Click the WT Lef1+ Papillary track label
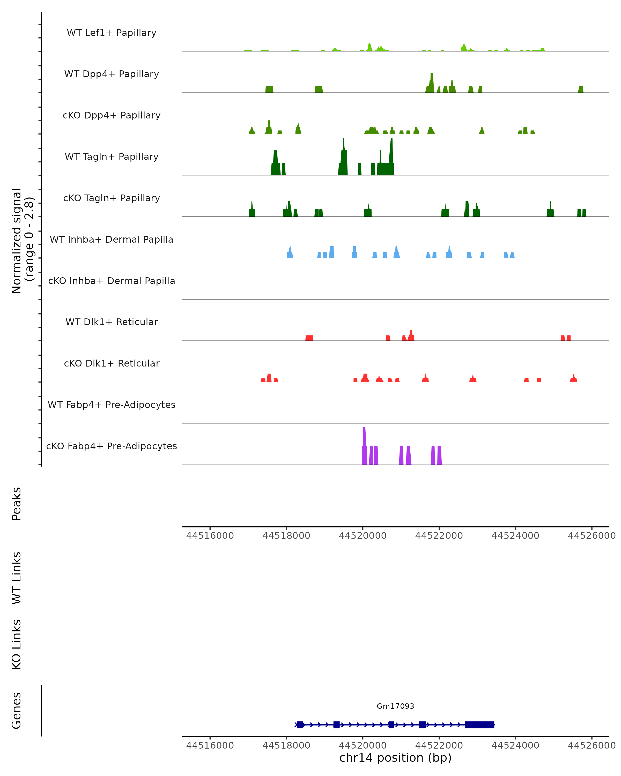tap(112, 33)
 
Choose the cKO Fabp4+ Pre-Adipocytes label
tap(112, 446)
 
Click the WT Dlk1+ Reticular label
tap(112, 322)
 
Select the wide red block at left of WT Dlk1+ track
tap(309, 338)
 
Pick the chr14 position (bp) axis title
tap(395, 758)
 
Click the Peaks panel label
tap(17, 504)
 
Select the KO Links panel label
tap(17, 644)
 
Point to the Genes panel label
tap(17, 711)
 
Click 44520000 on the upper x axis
tap(363, 536)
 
